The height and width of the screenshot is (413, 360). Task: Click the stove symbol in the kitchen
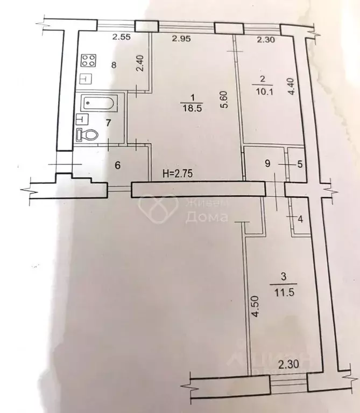coord(89,61)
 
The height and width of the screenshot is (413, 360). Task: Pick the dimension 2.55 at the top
coord(122,38)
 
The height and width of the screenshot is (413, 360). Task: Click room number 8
coord(114,65)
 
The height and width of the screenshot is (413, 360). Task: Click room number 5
coord(300,164)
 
